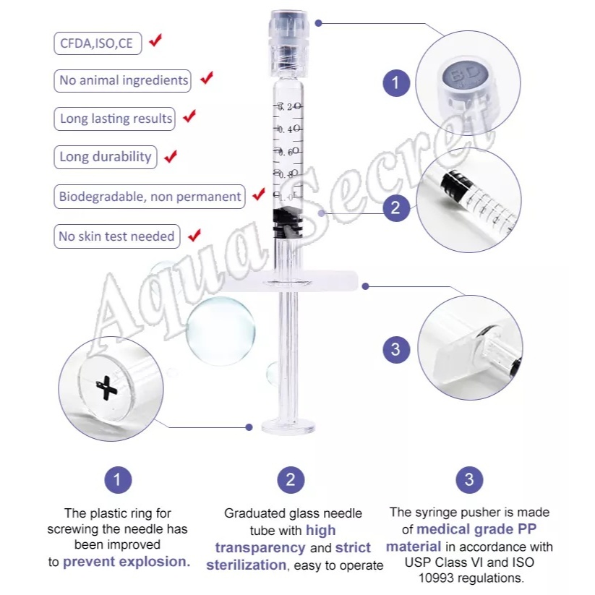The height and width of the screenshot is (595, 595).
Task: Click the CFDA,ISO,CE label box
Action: (98, 43)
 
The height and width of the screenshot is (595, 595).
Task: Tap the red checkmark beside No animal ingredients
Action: (207, 78)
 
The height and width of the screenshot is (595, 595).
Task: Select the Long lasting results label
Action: (115, 119)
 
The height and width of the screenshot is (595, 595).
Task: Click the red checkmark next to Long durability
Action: (171, 156)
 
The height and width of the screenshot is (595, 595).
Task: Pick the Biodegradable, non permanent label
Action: (150, 197)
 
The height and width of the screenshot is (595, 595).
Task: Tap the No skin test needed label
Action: (117, 236)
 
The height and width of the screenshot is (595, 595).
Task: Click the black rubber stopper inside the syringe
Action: (288, 223)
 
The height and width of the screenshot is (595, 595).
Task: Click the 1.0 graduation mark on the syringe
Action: (288, 196)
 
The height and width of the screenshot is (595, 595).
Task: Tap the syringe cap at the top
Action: (289, 43)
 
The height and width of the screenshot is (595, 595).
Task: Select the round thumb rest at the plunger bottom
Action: (288, 426)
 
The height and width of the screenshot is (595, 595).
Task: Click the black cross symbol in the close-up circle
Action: (106, 388)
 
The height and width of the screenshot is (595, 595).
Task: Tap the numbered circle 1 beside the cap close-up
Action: (396, 82)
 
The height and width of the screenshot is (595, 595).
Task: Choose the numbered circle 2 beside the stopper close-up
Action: (396, 207)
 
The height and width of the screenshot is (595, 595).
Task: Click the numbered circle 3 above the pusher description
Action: (469, 479)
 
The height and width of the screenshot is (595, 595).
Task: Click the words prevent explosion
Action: (127, 562)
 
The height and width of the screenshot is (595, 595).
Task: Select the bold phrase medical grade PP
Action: (476, 529)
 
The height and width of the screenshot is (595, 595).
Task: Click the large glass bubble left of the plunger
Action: (221, 331)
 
